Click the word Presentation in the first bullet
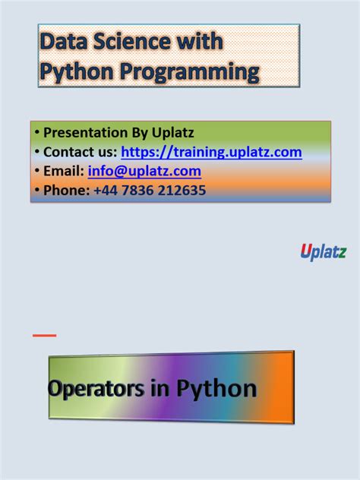pos(88,133)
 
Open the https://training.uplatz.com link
pos(211,152)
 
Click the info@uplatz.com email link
pos(144,171)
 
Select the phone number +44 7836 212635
pos(150,190)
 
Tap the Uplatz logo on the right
pos(324,252)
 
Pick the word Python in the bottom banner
pos(217,389)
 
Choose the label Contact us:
pos(80,152)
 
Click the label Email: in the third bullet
pos(64,171)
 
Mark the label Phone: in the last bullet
pos(67,190)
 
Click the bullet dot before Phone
pos(37,190)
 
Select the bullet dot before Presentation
pos(37,133)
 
